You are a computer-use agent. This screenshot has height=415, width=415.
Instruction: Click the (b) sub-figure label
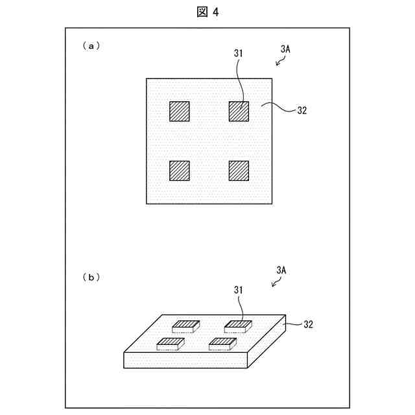tap(90, 277)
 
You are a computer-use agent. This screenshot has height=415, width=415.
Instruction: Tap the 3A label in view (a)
tap(287, 49)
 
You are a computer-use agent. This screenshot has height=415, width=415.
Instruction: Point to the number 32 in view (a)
tap(302, 110)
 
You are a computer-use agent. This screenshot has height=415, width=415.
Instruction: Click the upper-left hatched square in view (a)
tap(179, 112)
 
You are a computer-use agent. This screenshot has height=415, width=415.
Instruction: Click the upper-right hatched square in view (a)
tap(239, 112)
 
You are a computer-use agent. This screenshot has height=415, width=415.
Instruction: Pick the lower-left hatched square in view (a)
tap(179, 171)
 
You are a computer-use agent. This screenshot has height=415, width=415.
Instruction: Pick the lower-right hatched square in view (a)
tap(239, 171)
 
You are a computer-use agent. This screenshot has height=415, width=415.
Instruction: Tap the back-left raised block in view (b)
tap(187, 326)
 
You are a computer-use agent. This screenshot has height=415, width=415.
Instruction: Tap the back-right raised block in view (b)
tap(238, 326)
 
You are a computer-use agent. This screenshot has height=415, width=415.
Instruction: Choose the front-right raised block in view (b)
tap(222, 343)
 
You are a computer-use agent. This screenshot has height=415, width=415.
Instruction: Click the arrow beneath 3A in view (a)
tap(279, 62)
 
